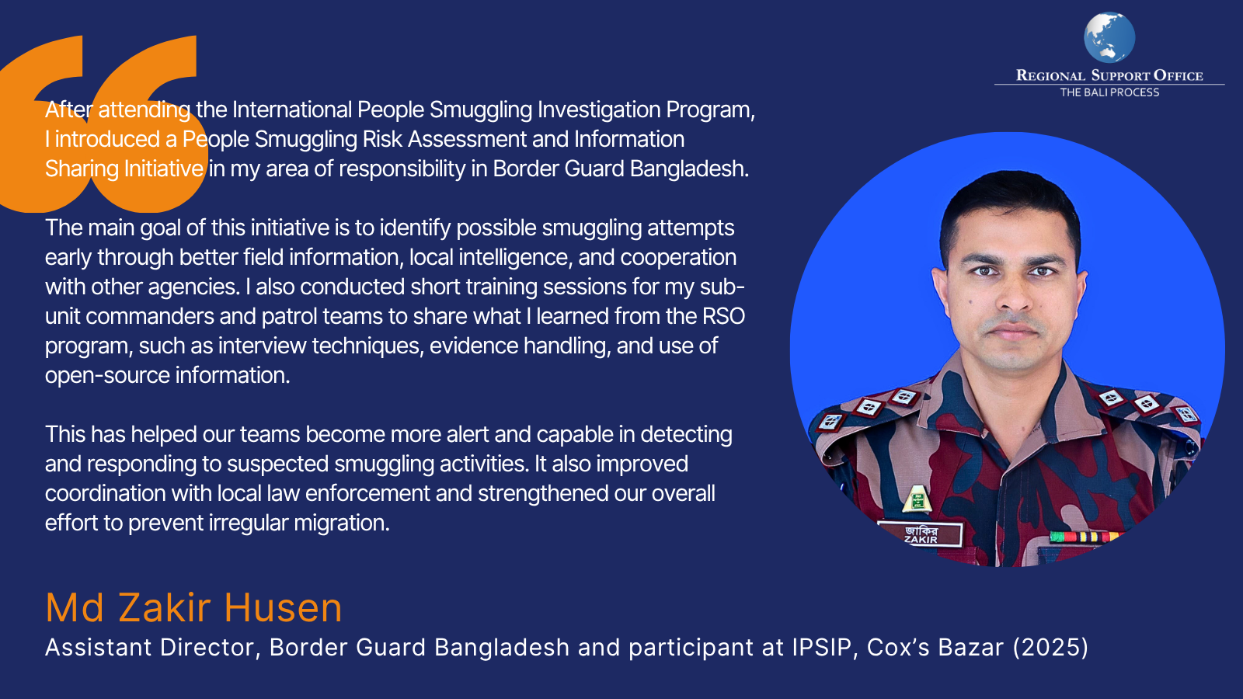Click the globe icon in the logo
[1109, 37]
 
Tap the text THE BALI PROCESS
[1109, 92]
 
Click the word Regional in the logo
[1050, 75]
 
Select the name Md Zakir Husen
[193, 607]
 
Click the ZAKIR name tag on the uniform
[920, 534]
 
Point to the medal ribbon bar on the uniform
[1084, 537]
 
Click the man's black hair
[1010, 205]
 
